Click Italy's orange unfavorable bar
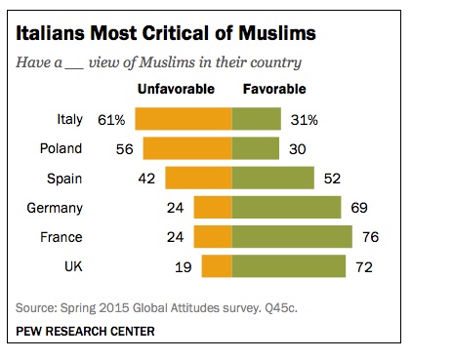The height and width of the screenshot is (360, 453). point(184,119)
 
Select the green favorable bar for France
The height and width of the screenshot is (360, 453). point(292,236)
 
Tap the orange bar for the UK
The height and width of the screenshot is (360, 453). point(217,266)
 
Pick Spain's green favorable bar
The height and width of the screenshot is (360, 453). point(273,178)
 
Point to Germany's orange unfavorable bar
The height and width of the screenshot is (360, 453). point(213,207)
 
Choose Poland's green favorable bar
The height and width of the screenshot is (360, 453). point(256,148)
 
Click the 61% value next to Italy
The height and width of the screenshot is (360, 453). point(111,120)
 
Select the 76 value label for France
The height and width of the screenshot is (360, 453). point(371,237)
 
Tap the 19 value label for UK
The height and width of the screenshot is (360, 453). point(184,267)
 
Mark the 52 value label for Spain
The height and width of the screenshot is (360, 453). point(332,179)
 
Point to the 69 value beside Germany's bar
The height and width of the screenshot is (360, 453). point(359,208)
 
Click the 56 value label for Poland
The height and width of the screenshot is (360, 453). point(125,149)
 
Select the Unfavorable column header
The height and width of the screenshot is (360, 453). point(176,89)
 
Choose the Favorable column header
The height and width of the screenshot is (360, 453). point(274,89)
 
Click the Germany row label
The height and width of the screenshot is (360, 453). point(55,208)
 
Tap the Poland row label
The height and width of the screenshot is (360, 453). point(61,148)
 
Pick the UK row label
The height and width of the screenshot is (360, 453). point(73,266)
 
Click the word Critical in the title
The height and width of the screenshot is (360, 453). point(175,33)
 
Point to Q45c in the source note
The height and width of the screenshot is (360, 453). point(281,308)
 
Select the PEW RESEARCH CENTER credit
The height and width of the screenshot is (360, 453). point(85,332)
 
